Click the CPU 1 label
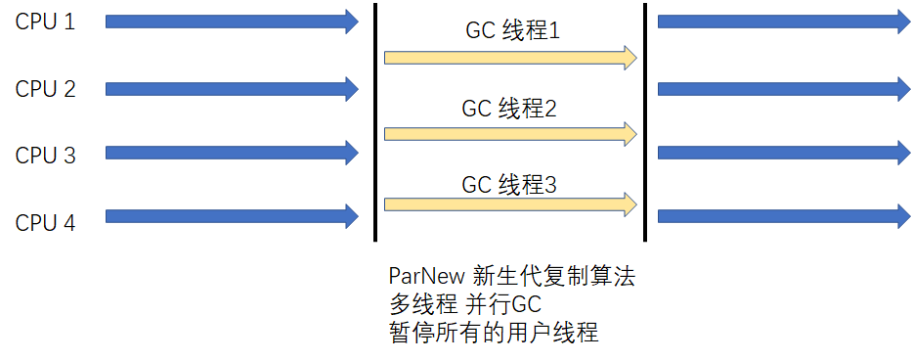point(45,21)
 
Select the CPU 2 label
point(45,89)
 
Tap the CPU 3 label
point(45,155)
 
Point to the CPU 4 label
point(45,223)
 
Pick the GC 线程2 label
point(509,109)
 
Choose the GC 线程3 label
point(509,182)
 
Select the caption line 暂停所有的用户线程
point(494,334)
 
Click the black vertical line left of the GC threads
point(375,122)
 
